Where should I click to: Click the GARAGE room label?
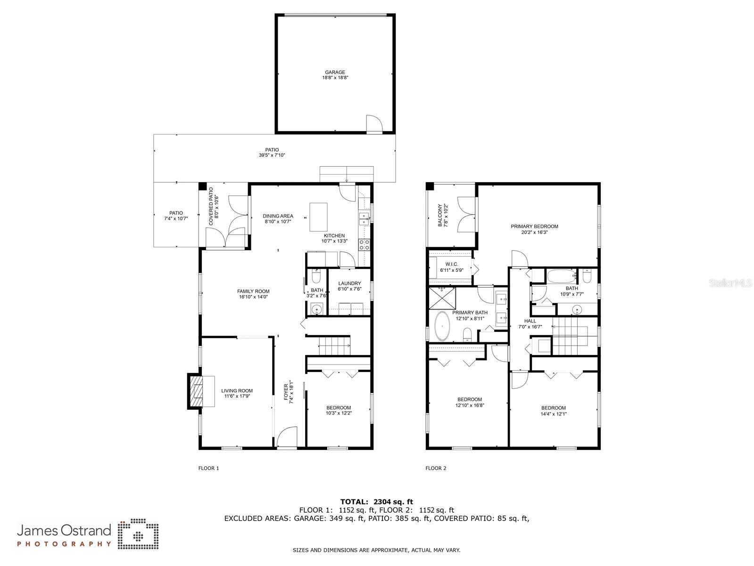(x=335, y=72)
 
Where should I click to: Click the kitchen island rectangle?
(x=318, y=217)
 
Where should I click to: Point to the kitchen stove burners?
(x=364, y=245)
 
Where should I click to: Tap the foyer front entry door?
(x=286, y=437)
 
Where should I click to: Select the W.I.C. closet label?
(x=451, y=264)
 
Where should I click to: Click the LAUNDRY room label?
(x=349, y=283)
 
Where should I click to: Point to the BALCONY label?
(x=440, y=215)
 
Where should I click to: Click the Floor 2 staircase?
(x=570, y=336)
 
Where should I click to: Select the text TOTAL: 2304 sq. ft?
(x=377, y=502)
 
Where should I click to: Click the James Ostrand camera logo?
(x=138, y=535)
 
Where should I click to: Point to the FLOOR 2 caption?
(x=436, y=468)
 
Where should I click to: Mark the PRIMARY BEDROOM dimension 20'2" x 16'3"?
(x=534, y=232)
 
